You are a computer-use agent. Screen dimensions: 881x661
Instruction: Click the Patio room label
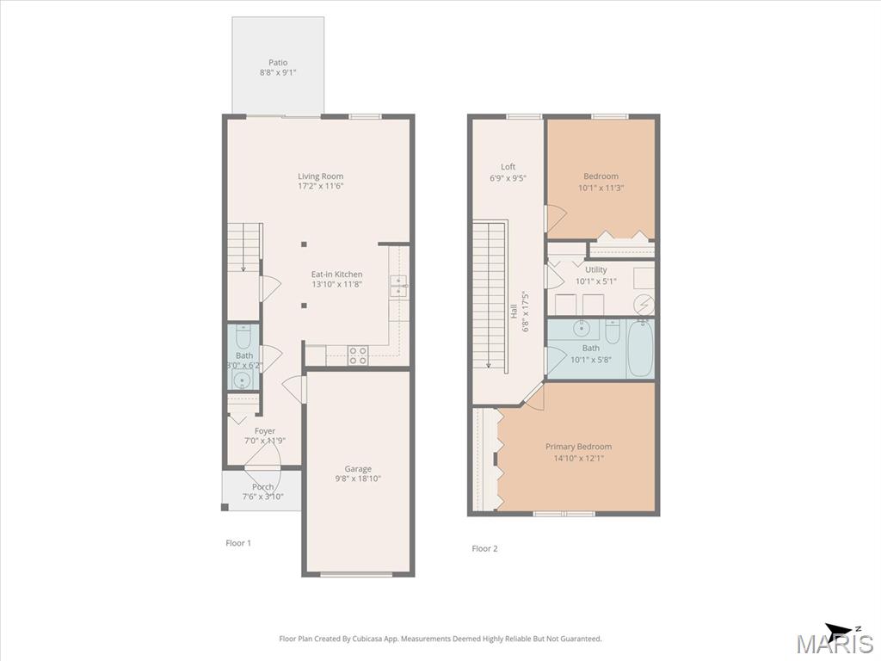[x=278, y=62]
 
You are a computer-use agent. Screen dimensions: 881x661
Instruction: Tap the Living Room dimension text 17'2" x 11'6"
[x=321, y=186]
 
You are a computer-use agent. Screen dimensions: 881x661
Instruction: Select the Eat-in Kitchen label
[x=337, y=275]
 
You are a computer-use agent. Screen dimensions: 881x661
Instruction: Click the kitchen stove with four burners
[x=358, y=355]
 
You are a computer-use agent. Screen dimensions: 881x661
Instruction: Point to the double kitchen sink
[x=398, y=286]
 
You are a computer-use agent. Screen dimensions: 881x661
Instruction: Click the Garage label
[x=358, y=469]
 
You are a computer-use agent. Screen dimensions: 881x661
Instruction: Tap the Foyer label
[x=265, y=431]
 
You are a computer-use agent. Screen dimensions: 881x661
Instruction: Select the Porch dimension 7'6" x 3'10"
[x=263, y=497]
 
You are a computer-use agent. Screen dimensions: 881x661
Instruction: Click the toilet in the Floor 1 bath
[x=243, y=337]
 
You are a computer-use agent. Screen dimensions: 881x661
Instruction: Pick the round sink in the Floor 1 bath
[x=243, y=380]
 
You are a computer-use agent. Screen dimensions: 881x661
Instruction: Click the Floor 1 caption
[x=238, y=543]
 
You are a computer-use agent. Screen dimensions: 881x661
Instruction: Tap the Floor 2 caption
[x=485, y=548]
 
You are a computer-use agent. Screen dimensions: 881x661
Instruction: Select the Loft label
[x=508, y=166]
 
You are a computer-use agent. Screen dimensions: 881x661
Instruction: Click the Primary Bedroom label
[x=579, y=447]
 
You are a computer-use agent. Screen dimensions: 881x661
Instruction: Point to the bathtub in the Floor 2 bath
[x=640, y=349]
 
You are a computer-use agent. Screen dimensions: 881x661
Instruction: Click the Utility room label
[x=596, y=269]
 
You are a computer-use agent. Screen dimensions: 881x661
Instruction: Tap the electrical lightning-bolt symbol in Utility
[x=644, y=305]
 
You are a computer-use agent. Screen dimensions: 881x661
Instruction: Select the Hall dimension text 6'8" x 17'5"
[x=527, y=312]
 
